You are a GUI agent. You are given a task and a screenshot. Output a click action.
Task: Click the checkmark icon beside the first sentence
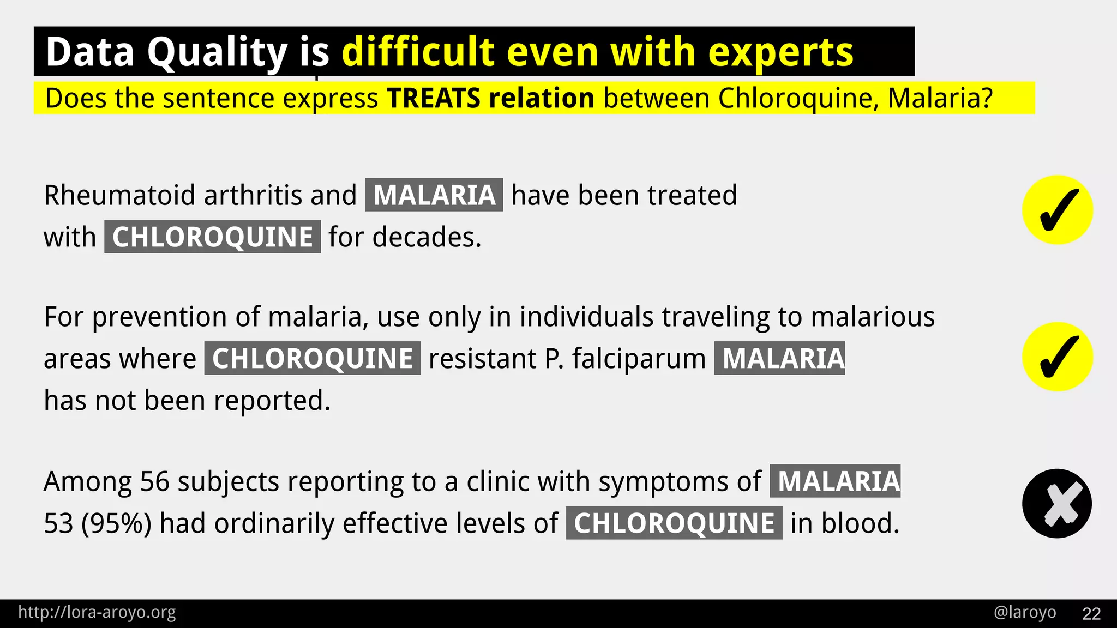pyautogui.click(x=1057, y=210)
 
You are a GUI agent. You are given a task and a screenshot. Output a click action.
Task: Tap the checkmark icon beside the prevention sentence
pyautogui.click(x=1057, y=357)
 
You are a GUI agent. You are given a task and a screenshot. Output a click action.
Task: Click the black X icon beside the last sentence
pyautogui.click(x=1057, y=504)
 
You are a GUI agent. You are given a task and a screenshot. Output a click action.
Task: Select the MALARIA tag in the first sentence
pyautogui.click(x=434, y=195)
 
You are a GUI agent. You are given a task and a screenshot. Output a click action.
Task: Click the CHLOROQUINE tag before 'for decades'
pyautogui.click(x=212, y=237)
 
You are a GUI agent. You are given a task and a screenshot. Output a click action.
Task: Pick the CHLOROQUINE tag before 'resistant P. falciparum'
pyautogui.click(x=313, y=359)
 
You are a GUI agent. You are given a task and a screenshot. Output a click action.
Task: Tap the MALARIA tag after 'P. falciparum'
pyautogui.click(x=780, y=359)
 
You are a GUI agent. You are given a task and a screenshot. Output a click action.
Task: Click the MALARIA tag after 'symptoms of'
pyautogui.click(x=835, y=481)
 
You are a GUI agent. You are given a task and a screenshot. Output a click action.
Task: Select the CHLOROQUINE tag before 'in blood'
pyautogui.click(x=674, y=523)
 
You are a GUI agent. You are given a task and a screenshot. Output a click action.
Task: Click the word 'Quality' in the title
pyautogui.click(x=217, y=52)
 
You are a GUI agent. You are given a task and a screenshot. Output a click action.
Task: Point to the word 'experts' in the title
pyautogui.click(x=780, y=52)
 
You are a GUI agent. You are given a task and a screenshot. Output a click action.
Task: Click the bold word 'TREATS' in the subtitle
pyautogui.click(x=434, y=99)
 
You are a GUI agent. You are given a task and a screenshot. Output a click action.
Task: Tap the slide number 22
pyautogui.click(x=1091, y=613)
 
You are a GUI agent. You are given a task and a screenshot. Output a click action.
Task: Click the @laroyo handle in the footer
pyautogui.click(x=1025, y=612)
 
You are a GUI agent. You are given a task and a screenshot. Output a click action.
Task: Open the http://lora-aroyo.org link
pyautogui.click(x=97, y=612)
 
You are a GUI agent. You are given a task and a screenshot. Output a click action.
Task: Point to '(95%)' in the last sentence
pyautogui.click(x=116, y=523)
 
